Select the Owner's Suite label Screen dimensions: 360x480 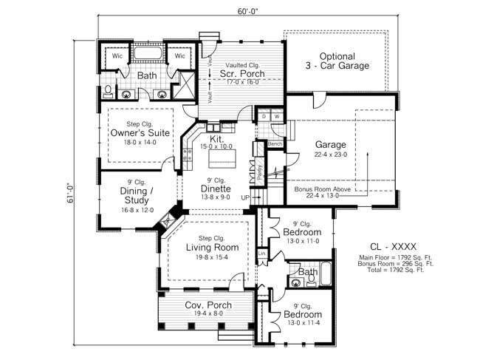coord(140,132)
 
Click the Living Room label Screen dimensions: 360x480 coord(211,247)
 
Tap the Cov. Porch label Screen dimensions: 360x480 coord(208,305)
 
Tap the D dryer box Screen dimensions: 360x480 coord(264,116)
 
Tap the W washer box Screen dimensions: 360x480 coord(276,116)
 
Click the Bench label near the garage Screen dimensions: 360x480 coord(275,143)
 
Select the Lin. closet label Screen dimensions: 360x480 coord(262,254)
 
